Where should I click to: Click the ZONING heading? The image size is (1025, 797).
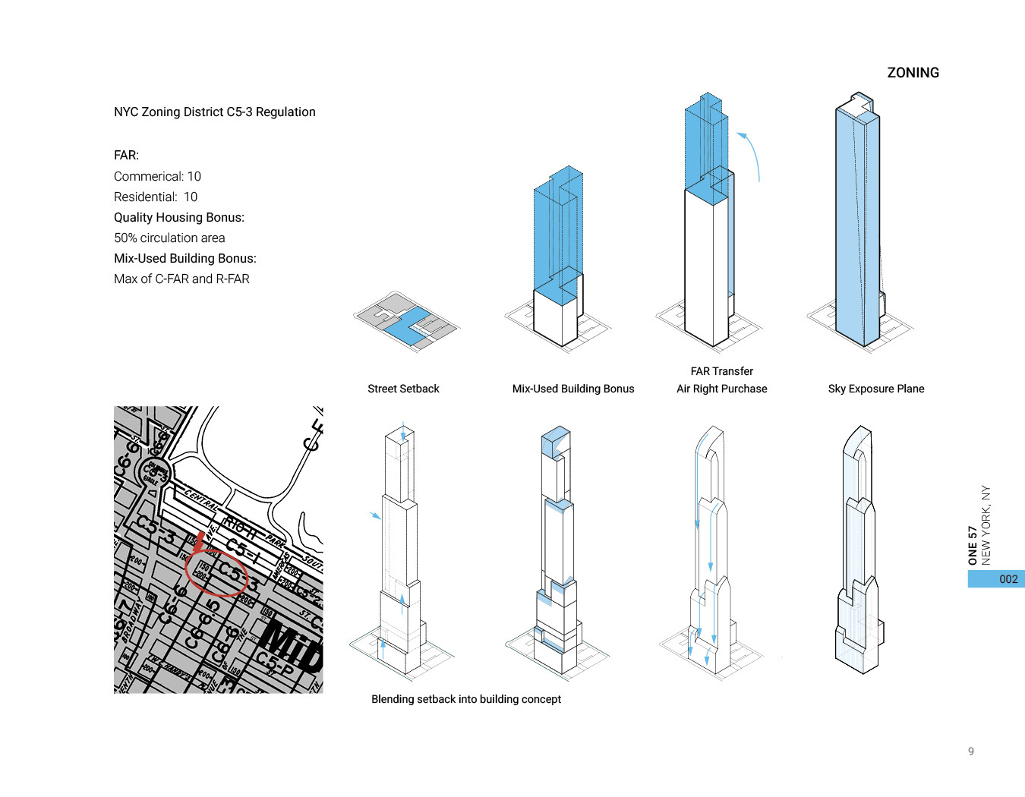click(913, 73)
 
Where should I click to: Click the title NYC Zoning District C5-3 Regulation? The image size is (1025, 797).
click(214, 112)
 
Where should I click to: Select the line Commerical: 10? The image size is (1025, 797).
click(157, 176)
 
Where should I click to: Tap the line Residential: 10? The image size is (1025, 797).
click(156, 197)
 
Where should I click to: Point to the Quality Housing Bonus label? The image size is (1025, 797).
click(179, 217)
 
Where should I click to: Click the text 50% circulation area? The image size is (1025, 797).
click(169, 238)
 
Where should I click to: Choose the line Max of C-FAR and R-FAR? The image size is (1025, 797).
click(181, 279)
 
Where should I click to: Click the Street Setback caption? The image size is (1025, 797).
click(403, 389)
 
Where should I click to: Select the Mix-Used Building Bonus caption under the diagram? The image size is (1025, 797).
click(572, 389)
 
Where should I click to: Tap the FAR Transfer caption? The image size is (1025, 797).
click(721, 371)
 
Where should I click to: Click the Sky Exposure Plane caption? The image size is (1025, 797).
click(875, 389)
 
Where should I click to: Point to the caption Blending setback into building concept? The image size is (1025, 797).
click(465, 699)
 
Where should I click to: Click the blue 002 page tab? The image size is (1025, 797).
click(995, 579)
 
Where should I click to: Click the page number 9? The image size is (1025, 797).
click(970, 751)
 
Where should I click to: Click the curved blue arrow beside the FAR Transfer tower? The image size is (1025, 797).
click(754, 156)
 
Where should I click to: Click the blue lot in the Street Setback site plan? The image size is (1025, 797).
click(404, 326)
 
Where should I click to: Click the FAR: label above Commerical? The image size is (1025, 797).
click(126, 155)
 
